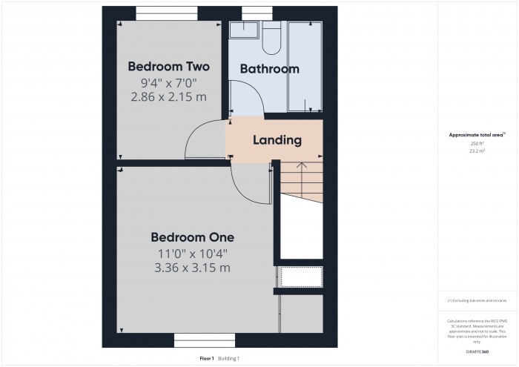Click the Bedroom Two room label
tap(168, 65)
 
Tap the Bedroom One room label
tap(192, 237)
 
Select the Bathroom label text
tap(269, 69)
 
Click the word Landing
tap(277, 139)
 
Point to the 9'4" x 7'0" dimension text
tap(168, 83)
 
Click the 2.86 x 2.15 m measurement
tap(168, 97)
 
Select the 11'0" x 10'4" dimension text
tap(192, 254)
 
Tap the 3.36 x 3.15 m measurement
tap(192, 268)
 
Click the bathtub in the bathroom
tap(304, 67)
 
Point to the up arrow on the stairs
tap(302, 167)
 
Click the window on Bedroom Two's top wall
tap(167, 12)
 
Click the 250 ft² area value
tap(477, 143)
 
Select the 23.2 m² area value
tap(477, 151)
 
